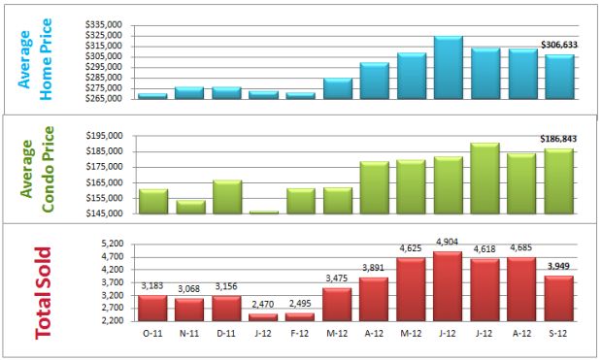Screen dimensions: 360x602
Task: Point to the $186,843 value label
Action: coord(558,140)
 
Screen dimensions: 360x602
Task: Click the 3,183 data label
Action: coord(152,286)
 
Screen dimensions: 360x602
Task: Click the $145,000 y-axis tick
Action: coord(104,213)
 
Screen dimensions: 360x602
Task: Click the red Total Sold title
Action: coord(45,292)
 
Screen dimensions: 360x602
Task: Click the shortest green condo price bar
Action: coord(263,213)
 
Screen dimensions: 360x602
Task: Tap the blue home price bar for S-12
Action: coord(558,77)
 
